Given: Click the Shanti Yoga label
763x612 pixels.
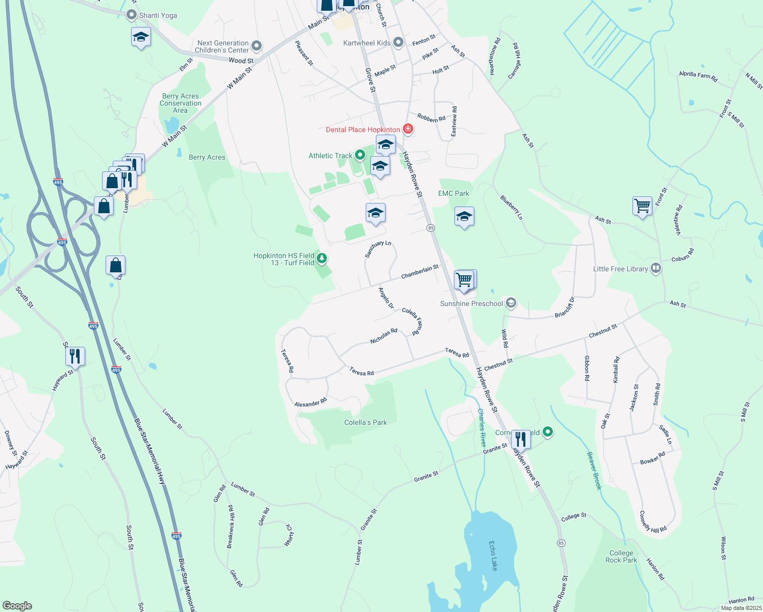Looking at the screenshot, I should pos(158,15).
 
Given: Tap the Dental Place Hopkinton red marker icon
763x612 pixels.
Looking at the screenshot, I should pos(408,129).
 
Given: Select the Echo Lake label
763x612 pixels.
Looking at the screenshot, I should pos(493,556).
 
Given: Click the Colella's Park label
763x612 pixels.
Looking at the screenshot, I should pos(365,422).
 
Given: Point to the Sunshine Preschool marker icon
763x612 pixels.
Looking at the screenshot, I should pos(511,303).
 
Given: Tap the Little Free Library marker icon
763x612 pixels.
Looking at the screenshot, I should pos(656,268).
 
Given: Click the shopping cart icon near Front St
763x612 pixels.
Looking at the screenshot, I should pos(642,206).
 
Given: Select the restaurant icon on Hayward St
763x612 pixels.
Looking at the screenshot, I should pos(75,355).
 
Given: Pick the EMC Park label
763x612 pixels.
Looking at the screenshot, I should pos(453,193).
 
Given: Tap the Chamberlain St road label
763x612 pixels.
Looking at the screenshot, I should pos(420,272).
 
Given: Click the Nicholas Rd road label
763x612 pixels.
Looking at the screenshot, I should pos(384,336).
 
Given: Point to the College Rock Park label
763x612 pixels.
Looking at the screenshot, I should pos(621,556).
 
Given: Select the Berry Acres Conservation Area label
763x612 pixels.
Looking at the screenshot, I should pos(181,103).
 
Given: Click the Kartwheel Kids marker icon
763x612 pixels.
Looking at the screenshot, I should pos(398,42).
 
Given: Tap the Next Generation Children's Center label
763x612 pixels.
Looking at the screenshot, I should pos(222,46).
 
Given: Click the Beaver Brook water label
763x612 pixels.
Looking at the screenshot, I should pos(594,471).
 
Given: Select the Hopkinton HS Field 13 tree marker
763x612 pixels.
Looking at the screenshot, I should pos(321,259).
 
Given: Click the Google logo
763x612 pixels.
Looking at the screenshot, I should pos(17,606).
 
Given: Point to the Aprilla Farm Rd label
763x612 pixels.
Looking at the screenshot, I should pos(698,76).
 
